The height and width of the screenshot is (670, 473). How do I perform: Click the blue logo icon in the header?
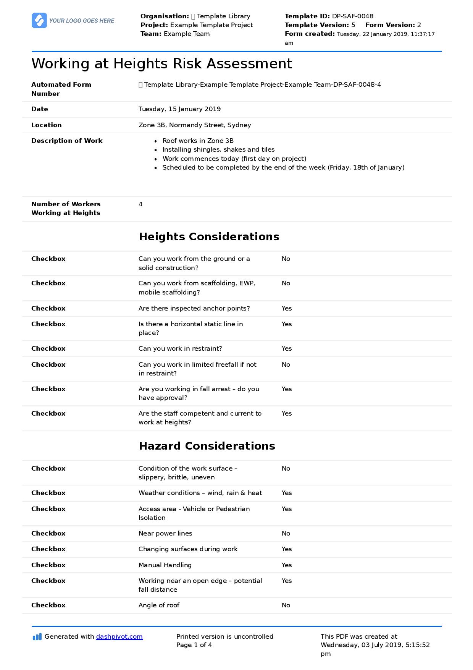click(39, 21)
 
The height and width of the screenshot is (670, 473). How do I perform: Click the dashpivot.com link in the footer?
click(119, 636)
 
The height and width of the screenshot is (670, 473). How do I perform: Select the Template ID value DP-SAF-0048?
click(353, 16)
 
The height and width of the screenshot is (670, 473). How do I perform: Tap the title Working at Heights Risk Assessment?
click(161, 63)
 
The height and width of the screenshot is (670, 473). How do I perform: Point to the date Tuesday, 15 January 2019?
click(179, 109)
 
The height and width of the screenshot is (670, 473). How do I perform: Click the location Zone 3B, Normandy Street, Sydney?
click(195, 125)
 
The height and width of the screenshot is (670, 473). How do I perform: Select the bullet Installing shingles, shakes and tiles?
click(218, 149)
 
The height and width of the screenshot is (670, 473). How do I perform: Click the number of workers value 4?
click(140, 204)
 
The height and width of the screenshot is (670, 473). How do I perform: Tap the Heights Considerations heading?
click(209, 236)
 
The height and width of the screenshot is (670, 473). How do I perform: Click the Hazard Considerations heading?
click(207, 446)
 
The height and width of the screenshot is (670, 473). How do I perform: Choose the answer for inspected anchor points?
click(286, 308)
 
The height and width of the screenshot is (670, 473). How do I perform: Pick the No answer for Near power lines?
click(286, 533)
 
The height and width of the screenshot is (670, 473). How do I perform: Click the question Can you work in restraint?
click(180, 348)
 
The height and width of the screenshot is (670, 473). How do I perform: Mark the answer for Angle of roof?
click(286, 605)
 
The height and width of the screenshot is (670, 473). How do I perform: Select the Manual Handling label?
click(165, 565)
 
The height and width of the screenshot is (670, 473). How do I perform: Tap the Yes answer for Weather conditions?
click(286, 493)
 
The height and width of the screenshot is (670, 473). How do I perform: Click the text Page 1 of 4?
click(194, 645)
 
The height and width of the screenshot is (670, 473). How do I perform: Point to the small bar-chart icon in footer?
click(37, 637)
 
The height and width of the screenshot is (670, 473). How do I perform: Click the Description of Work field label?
click(67, 141)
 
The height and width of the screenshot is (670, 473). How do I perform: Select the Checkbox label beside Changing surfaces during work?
click(48, 549)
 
